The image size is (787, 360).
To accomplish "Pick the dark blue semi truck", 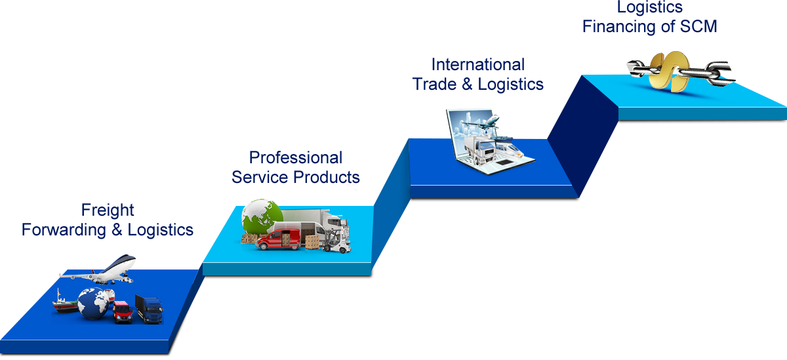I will click(149, 308).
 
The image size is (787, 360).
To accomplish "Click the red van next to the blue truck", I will click(122, 312).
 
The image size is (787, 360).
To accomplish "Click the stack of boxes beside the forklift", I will click(312, 241).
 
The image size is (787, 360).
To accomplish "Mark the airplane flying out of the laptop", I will click(485, 122).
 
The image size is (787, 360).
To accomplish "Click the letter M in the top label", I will click(709, 26).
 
